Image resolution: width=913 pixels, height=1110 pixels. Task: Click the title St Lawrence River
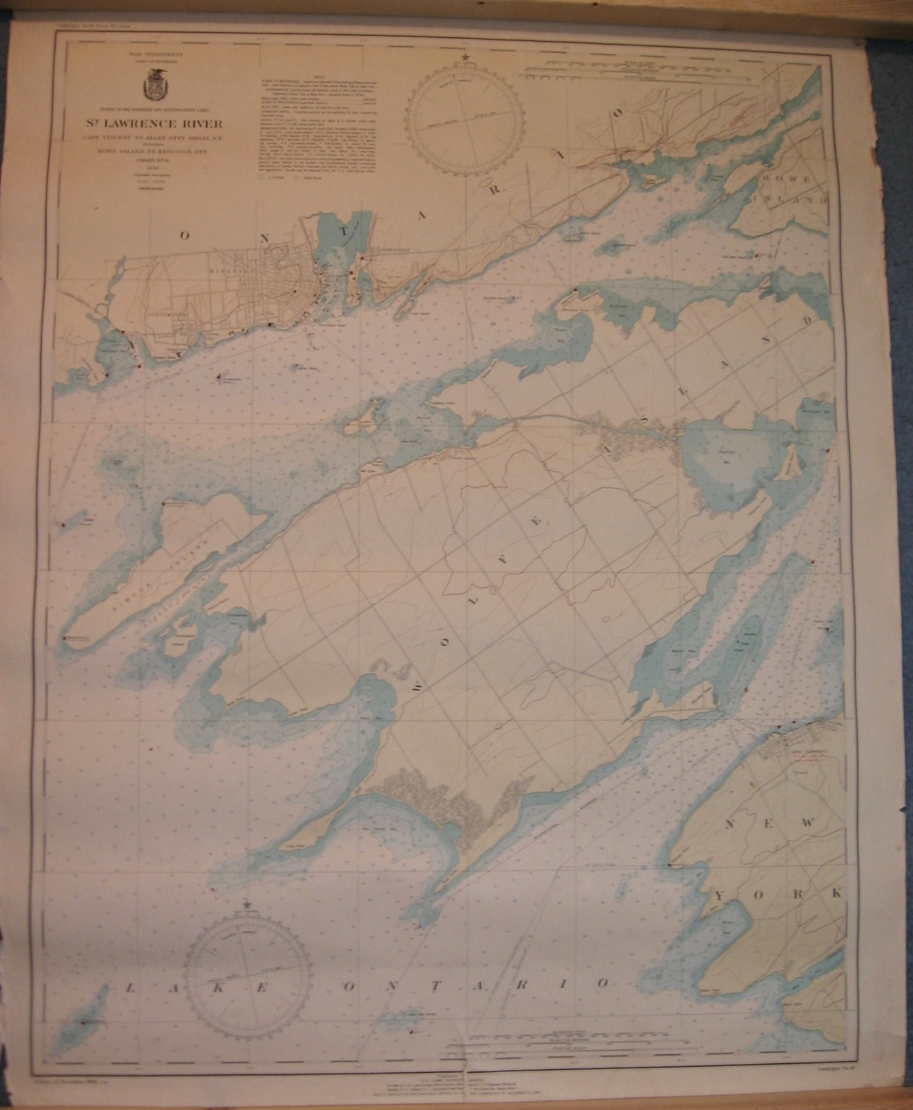point(161,125)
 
